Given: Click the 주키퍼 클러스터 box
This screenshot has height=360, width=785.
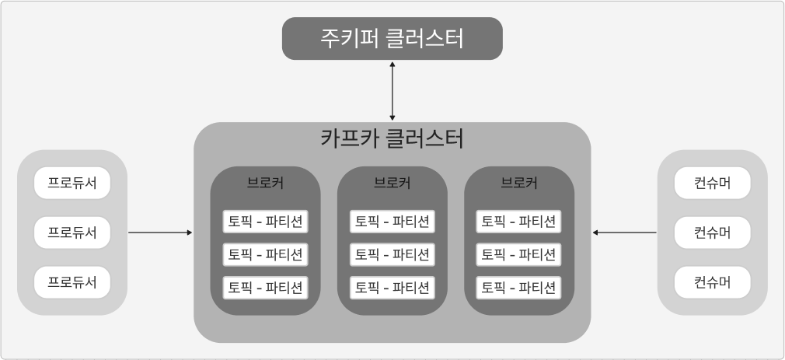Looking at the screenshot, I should coord(392,38).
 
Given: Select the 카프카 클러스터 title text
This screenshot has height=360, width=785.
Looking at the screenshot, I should coord(392,139).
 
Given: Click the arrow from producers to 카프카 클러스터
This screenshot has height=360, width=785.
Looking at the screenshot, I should coord(160,232).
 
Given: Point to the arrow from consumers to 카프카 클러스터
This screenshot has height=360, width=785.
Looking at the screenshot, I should coord(624,232).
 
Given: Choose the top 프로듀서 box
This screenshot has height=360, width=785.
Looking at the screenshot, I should coord(72,183).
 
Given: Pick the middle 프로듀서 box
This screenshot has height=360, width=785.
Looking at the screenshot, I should coord(72,232).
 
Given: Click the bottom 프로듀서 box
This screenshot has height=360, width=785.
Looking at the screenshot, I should coord(72,282).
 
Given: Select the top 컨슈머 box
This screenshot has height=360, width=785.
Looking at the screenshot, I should coord(713,183).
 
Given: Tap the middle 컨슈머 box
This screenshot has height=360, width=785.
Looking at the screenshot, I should coord(713,232).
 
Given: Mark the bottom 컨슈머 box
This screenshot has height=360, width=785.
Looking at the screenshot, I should coord(713,282).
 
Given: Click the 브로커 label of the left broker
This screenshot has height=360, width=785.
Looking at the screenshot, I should coord(265,183).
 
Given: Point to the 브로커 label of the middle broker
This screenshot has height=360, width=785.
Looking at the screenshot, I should coord(392,183).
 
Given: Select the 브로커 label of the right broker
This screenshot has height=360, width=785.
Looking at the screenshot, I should coord(519,183).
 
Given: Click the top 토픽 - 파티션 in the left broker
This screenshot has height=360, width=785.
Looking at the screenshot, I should coord(265,222).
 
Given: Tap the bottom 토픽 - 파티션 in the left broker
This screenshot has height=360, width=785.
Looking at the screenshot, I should coord(265,288).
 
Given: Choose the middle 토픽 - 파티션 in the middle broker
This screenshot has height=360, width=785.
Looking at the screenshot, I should coord(392,254).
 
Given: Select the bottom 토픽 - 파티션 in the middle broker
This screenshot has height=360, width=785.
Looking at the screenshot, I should coord(392,288).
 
